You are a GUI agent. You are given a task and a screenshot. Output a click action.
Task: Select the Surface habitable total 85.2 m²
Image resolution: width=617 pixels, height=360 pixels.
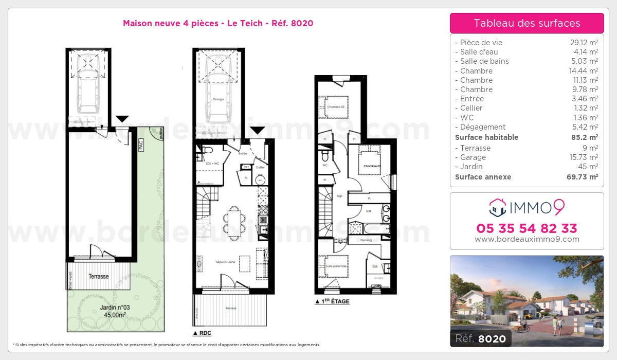click(586, 137)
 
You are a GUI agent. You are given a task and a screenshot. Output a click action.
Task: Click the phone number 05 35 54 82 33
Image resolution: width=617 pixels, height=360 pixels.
click(527, 228)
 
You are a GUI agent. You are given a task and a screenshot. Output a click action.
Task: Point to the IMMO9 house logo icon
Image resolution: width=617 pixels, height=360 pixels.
click(497, 207)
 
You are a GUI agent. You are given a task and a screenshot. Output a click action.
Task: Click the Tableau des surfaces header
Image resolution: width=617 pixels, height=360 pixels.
click(527, 23)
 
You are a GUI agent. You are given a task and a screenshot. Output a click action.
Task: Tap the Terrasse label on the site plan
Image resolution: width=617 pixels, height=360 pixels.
click(98, 276)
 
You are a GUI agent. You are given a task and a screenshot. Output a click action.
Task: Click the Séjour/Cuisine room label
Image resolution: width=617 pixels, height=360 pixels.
click(225, 262)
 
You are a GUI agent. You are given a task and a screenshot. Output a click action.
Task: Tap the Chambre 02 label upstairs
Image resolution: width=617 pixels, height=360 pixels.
click(335, 106)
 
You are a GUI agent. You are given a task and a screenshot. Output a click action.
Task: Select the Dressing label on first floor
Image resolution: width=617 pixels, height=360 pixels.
click(366, 240)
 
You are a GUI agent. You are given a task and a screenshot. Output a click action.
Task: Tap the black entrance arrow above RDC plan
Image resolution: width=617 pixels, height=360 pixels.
click(257, 131)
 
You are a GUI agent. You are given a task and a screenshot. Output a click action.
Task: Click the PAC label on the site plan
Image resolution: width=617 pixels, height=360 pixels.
click(140, 145)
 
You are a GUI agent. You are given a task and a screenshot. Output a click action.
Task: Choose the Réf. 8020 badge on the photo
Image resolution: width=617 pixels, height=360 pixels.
click(480, 338)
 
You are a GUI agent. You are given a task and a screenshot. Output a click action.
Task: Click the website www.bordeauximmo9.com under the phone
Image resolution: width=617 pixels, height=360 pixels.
click(527, 239)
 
